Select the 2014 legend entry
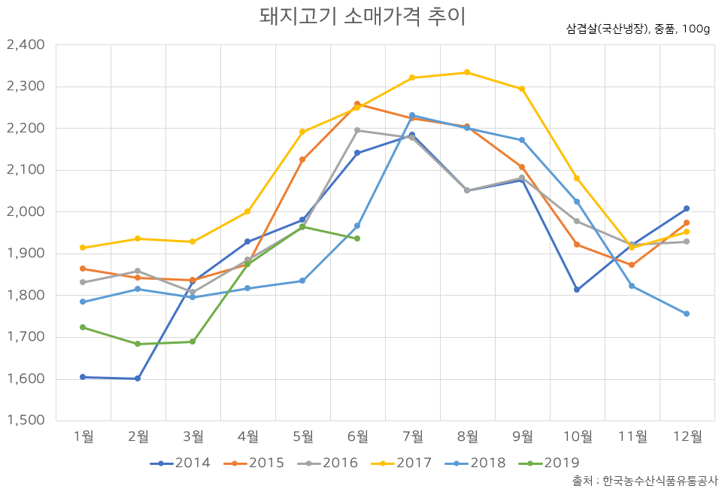[x=180, y=463]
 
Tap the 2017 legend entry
[x=402, y=463]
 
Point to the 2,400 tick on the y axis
[x=26, y=45]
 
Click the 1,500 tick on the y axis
[x=26, y=421]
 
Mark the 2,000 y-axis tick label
[x=26, y=212]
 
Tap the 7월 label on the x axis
[x=412, y=436]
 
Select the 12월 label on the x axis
[x=687, y=436]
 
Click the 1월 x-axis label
[x=83, y=436]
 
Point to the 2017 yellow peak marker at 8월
[x=467, y=72]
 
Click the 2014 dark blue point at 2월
[x=138, y=378]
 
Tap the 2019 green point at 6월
[x=357, y=238]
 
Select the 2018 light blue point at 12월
[x=687, y=314]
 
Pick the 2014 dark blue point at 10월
[x=577, y=290]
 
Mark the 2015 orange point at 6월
[x=357, y=104]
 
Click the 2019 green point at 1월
[x=83, y=327]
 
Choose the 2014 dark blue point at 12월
[x=687, y=208]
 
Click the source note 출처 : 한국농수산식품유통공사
[x=645, y=480]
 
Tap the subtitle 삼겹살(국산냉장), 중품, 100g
[x=638, y=29]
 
